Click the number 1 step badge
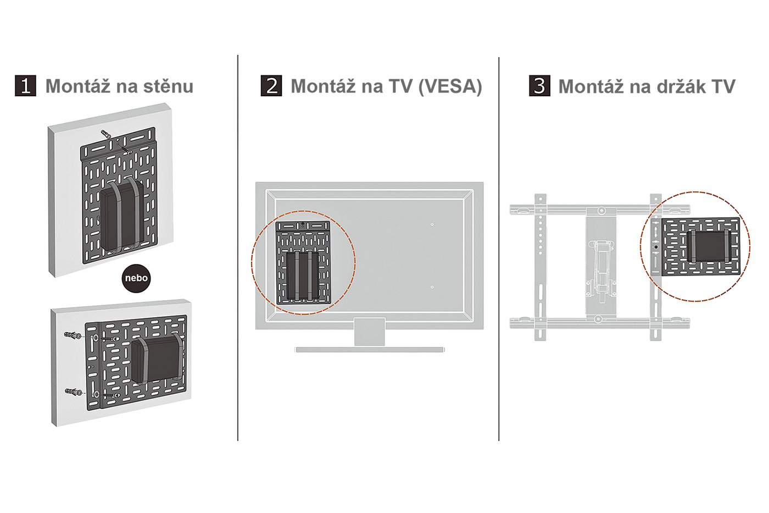click(25, 86)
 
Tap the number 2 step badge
click(271, 86)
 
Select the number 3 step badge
click(539, 86)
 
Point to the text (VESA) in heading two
click(450, 86)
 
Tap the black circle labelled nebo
click(136, 278)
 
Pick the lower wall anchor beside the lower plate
click(73, 392)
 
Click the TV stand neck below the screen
click(370, 332)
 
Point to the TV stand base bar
click(370, 349)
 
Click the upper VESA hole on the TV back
click(432, 224)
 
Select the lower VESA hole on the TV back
click(432, 287)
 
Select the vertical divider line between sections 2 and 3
click(499, 247)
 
